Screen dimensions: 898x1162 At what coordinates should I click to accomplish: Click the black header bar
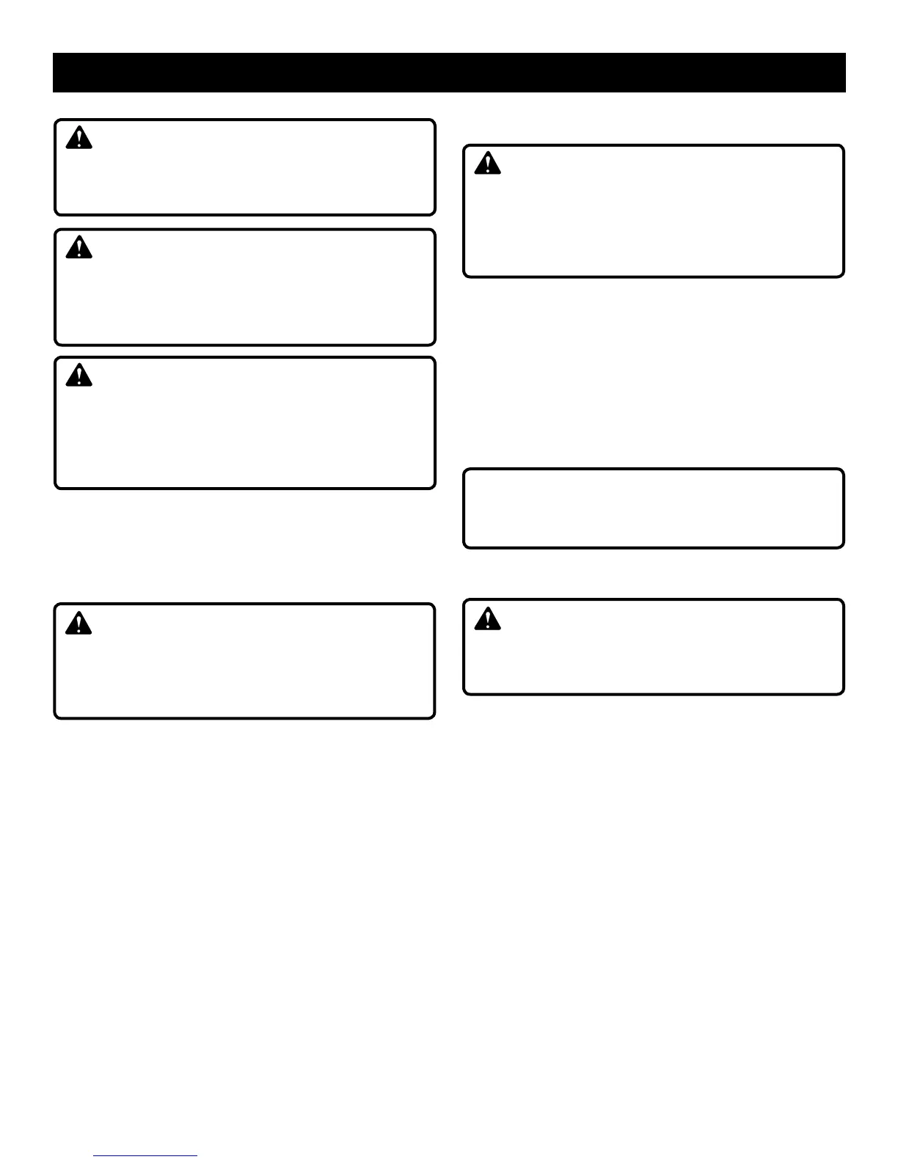449,73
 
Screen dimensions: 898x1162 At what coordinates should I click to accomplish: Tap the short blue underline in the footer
145,1156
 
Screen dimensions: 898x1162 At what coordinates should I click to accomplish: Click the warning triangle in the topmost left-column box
79,138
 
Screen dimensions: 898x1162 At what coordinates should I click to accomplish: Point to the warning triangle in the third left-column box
79,376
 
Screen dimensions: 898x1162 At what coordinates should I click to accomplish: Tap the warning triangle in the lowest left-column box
79,623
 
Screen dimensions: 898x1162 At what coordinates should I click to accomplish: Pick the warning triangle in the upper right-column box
487,163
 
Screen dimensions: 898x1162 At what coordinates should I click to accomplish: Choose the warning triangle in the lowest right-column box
487,618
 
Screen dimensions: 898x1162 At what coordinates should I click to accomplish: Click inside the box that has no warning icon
653,508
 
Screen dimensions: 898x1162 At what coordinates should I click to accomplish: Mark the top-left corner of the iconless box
465,470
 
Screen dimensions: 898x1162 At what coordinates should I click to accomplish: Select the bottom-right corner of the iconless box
842,546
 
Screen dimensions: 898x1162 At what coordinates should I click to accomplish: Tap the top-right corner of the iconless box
842,470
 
